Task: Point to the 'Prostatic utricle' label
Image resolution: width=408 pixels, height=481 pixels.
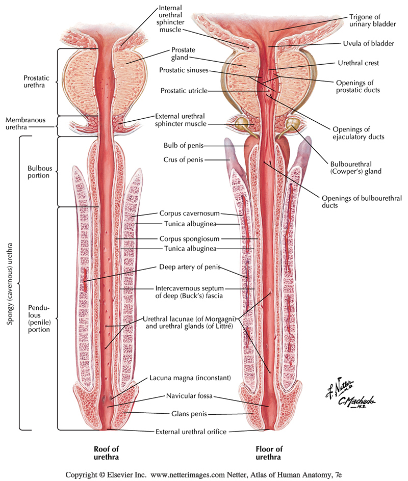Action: point(184,91)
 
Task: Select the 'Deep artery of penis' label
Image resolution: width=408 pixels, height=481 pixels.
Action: point(190,266)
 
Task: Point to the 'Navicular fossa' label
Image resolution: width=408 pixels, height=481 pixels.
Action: point(190,395)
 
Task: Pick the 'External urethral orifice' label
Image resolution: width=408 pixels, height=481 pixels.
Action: point(190,432)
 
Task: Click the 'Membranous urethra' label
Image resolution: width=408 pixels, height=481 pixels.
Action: point(25,124)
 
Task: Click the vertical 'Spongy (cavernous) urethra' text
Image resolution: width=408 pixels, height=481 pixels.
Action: point(9,283)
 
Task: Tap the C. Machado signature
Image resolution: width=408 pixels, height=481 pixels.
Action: point(356,402)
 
